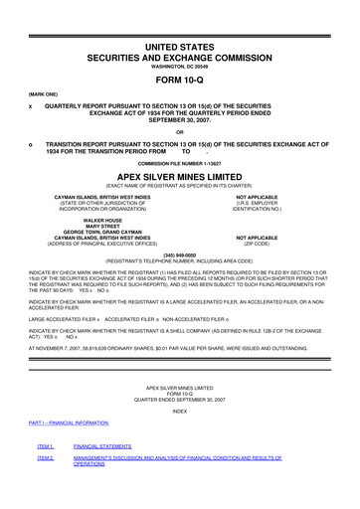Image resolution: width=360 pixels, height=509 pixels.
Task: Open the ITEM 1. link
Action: click(45, 448)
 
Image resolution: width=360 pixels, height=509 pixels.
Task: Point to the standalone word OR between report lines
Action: click(180, 132)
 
